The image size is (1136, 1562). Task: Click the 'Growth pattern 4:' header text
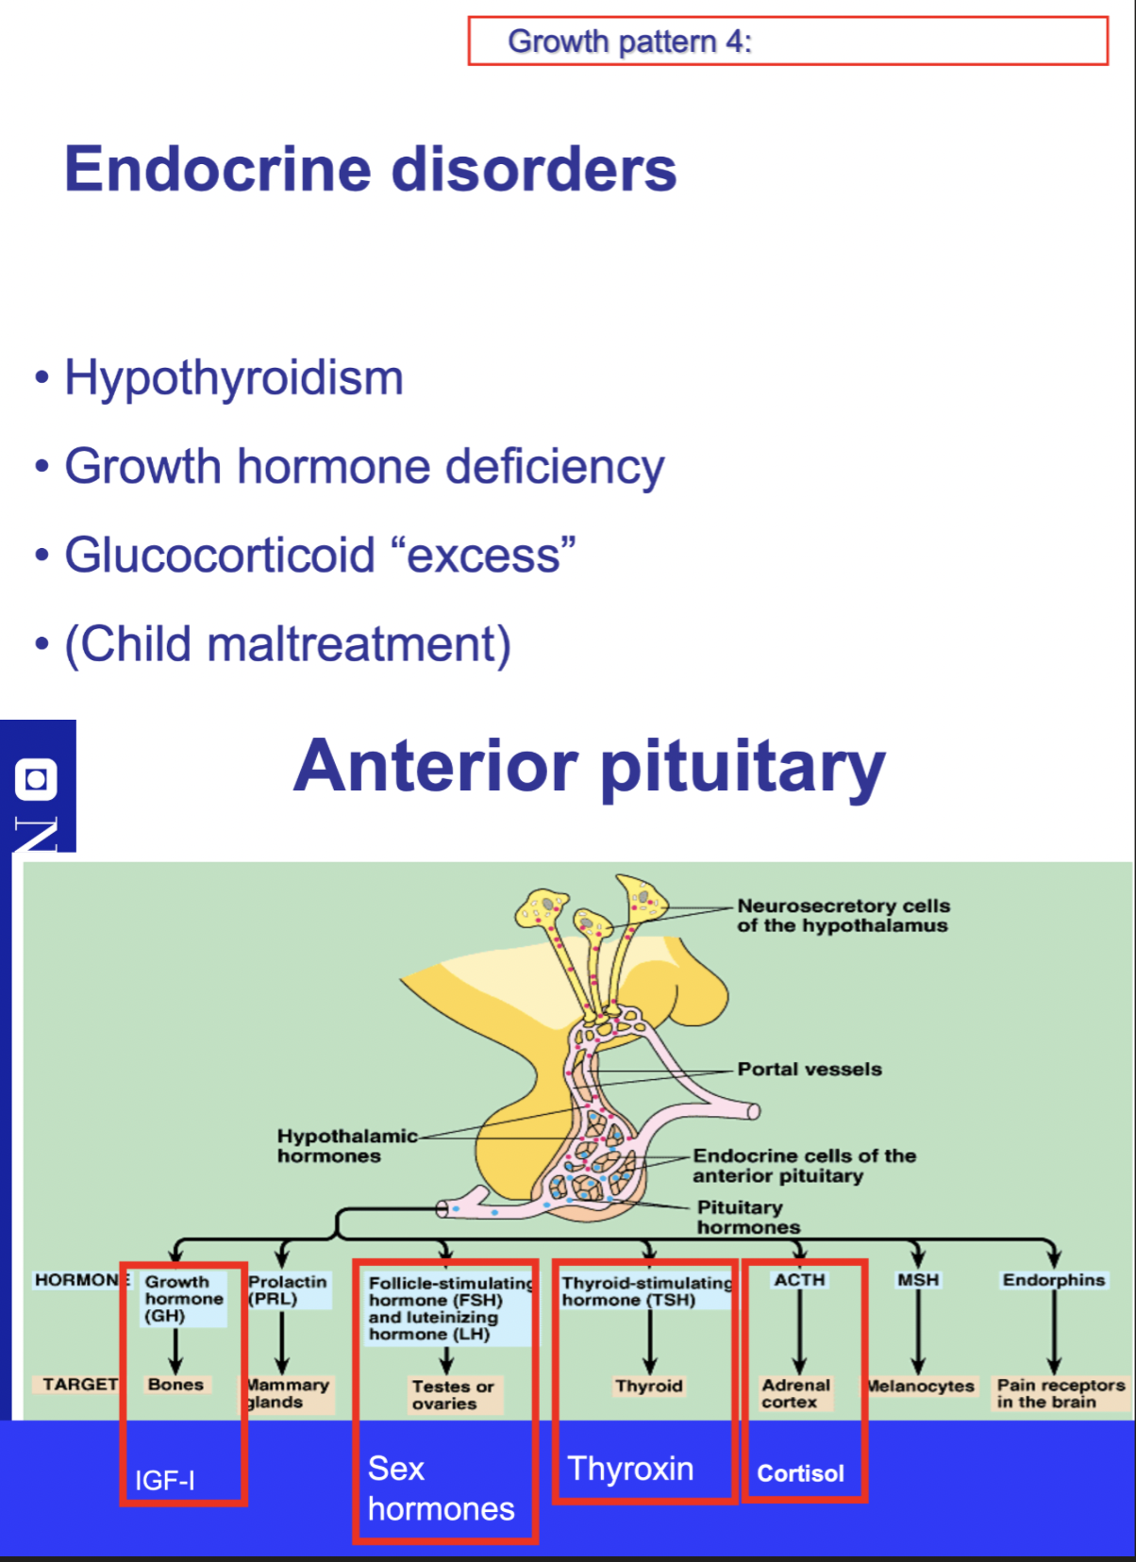[x=629, y=42]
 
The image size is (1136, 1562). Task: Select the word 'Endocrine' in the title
[x=218, y=169]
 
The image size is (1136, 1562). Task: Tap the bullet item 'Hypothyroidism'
[x=233, y=378]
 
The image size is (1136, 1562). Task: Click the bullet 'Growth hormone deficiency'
[x=363, y=467]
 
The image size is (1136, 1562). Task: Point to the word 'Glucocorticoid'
[x=219, y=555]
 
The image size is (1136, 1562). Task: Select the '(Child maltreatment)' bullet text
[x=287, y=644]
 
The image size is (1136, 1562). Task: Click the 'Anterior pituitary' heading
[x=589, y=766]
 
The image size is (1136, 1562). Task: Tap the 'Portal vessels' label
[x=809, y=1069]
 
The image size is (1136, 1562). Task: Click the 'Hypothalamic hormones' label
[x=345, y=1145]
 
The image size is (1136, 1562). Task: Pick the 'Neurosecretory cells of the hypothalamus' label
[x=843, y=915]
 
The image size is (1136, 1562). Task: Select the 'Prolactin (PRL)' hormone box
[x=287, y=1289]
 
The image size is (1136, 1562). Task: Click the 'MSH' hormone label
[x=917, y=1280]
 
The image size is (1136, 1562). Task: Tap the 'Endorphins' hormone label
[x=1053, y=1280]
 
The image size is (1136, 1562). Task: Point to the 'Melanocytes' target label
[x=921, y=1386]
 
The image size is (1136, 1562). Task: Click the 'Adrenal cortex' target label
[x=795, y=1393]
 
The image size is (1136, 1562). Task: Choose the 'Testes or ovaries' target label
[x=452, y=1394]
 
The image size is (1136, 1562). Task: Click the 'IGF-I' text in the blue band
[x=165, y=1480]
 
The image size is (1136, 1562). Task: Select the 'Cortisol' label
[x=800, y=1473]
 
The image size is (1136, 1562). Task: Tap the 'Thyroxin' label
[x=630, y=1469]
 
